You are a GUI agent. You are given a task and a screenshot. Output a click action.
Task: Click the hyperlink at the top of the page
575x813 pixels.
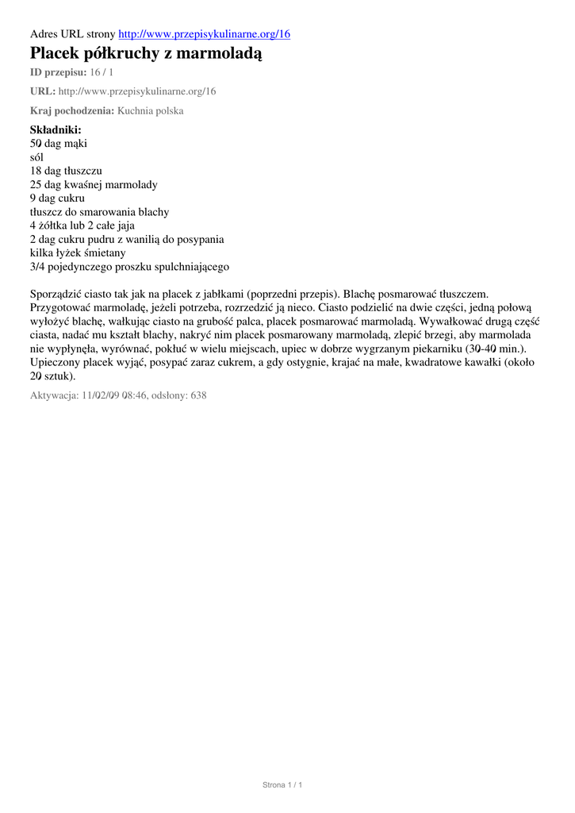tap(204, 33)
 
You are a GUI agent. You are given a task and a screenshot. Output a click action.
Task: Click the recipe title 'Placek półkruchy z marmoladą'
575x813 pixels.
tap(145, 53)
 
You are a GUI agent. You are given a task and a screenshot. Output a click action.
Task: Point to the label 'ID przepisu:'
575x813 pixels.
tap(58, 72)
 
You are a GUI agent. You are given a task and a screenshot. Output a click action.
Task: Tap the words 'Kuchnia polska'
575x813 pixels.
tap(150, 110)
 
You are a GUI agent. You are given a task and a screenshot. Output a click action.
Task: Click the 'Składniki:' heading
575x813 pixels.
tap(56, 129)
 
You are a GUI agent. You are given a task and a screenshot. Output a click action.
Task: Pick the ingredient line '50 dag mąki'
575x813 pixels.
tap(59, 144)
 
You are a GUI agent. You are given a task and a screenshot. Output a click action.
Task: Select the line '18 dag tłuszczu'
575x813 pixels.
tap(66, 171)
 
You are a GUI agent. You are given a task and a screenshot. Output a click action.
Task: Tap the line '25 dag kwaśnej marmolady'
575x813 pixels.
tap(94, 184)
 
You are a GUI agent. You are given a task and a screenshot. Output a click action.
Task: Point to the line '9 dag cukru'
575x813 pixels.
tap(57, 198)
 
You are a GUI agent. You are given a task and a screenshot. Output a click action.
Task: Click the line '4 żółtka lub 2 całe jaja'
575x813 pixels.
tap(82, 225)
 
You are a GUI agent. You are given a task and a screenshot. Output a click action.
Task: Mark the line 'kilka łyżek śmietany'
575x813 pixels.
tap(78, 252)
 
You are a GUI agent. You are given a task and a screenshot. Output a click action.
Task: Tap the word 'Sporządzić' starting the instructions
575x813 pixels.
tap(56, 294)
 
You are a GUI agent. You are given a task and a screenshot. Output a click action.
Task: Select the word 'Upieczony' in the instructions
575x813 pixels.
tap(56, 362)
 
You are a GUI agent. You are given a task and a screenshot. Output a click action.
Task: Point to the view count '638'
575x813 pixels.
tap(198, 395)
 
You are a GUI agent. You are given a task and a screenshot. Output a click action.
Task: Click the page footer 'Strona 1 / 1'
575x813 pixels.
tap(282, 784)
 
